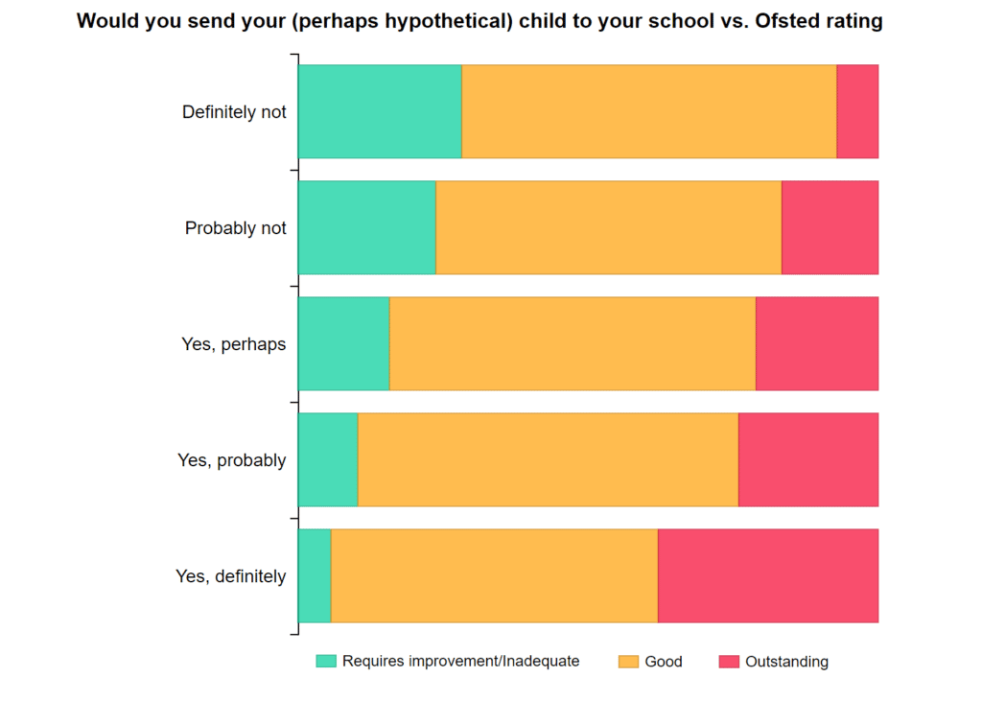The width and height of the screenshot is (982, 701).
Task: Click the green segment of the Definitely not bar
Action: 380,111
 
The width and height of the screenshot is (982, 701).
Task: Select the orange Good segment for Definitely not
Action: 649,111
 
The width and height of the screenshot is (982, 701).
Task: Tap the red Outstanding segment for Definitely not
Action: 857,111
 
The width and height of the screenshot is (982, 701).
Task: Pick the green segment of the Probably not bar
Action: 366,227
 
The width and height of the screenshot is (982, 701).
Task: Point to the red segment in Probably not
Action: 830,227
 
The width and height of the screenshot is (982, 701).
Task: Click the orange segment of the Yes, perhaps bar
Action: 573,343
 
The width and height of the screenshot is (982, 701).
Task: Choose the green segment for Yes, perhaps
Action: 343,343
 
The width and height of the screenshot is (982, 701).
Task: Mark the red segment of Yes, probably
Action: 808,459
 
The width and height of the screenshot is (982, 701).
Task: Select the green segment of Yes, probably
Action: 328,459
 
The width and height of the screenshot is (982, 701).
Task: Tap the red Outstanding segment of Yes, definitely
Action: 768,575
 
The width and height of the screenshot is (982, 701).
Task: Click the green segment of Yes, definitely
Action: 315,575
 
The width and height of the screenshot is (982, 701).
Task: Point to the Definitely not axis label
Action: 234,112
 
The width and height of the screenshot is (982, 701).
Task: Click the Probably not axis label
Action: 236,228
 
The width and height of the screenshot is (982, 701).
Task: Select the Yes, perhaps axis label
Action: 234,344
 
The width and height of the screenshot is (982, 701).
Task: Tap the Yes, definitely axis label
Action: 231,576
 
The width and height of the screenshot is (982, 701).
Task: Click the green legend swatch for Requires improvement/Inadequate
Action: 326,661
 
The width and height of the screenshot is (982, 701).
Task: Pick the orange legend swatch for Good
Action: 628,661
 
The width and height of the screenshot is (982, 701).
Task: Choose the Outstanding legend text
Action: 786,662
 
